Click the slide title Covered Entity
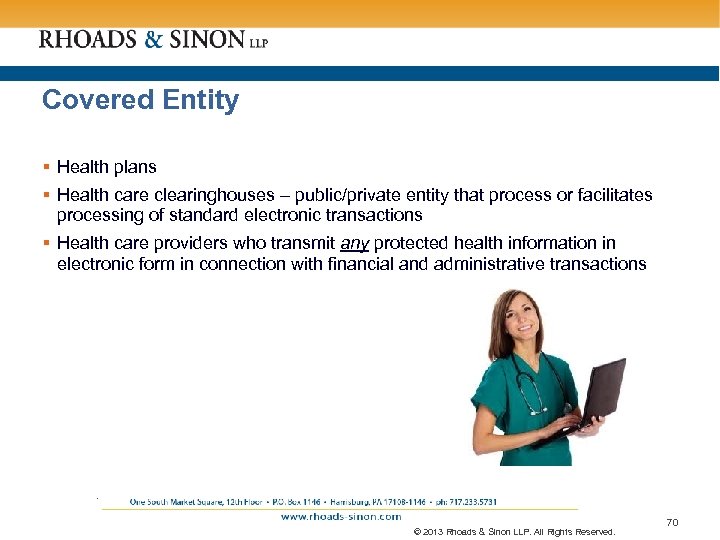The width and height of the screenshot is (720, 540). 140,100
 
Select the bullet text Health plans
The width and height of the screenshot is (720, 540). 107,167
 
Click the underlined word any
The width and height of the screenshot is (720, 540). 354,243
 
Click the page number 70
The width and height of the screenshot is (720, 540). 671,522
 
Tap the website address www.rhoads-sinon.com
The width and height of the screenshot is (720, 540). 340,517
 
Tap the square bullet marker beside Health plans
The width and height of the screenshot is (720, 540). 47,167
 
